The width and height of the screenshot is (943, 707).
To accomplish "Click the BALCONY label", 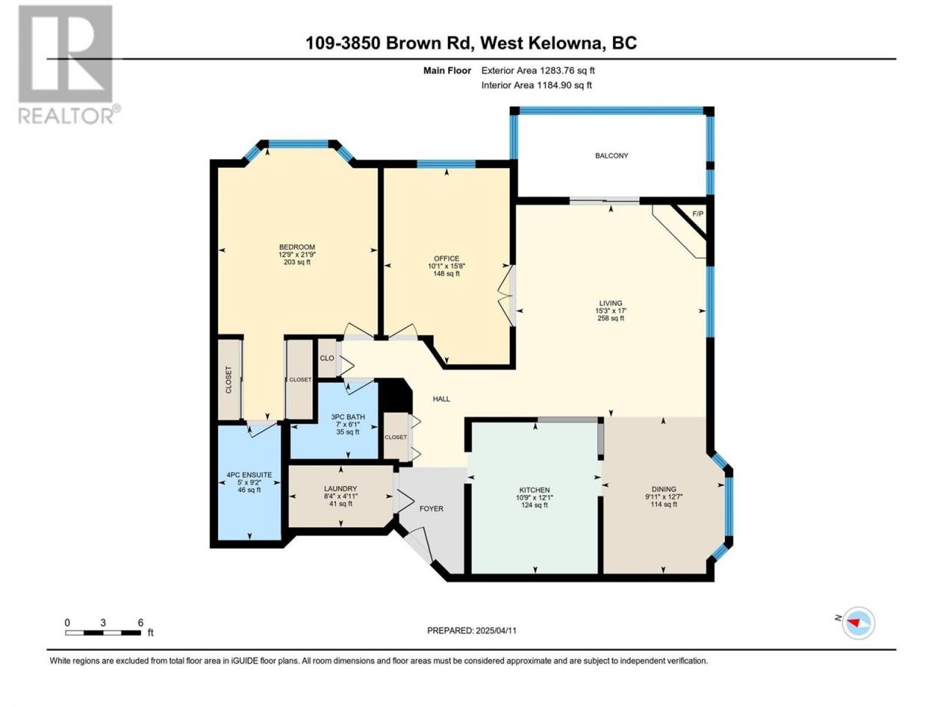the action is tap(611, 156).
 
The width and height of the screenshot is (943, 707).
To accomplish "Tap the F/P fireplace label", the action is tap(698, 214).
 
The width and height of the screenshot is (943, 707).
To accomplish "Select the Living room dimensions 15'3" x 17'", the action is tap(611, 311).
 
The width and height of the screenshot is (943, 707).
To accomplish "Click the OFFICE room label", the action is tap(446, 258).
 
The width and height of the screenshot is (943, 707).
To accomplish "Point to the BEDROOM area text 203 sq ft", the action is tap(297, 262).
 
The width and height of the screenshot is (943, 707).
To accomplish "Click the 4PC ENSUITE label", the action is tap(249, 475).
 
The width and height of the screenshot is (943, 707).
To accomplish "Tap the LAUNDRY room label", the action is tap(340, 488).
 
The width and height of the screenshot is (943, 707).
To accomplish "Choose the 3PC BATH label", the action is tap(348, 417).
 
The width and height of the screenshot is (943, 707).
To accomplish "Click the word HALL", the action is tap(441, 398).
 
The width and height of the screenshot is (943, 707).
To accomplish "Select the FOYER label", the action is tap(431, 509).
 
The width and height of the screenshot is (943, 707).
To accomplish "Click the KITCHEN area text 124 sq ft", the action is tap(534, 505).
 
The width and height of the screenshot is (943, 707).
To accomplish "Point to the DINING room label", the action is tap(664, 489).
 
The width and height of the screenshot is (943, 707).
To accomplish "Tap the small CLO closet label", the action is tap(327, 358).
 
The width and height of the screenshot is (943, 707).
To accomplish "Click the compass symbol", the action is tap(858, 623).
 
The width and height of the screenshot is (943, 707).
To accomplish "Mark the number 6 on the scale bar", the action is tap(140, 622).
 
